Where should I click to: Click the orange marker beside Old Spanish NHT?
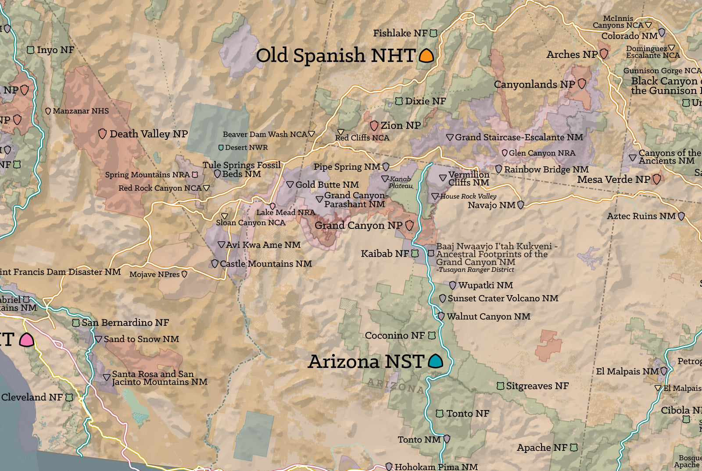426,56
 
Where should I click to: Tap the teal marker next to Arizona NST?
435,361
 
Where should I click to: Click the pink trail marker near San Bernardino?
26,340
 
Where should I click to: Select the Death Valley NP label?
148,134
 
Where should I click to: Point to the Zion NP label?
400,125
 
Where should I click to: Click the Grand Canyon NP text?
358,225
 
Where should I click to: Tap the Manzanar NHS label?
80,111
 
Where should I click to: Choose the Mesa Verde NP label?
613,179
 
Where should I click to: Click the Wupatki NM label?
485,285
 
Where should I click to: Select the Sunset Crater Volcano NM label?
502,298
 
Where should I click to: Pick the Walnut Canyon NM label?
488,316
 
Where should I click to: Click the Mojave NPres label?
154,274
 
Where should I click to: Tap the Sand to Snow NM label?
141,339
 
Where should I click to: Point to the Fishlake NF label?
400,33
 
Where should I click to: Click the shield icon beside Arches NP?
604,54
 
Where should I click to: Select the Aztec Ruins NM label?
641,216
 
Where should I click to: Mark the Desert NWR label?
246,147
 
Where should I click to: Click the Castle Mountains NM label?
265,264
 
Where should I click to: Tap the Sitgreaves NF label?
537,386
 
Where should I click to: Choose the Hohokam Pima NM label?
436,467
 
